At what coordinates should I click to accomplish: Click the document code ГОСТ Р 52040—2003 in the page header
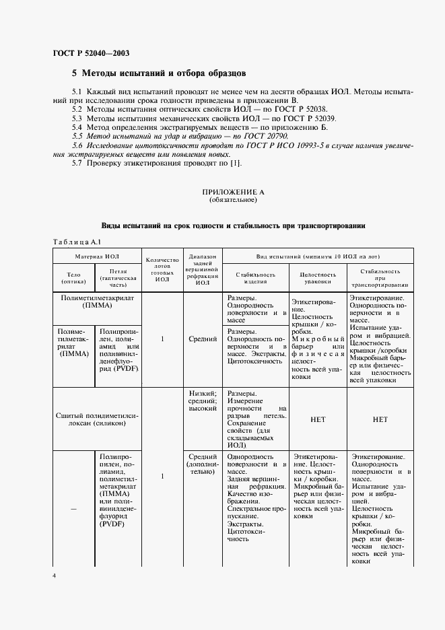(x=91, y=53)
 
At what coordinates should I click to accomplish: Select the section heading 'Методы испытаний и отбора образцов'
(x=165, y=72)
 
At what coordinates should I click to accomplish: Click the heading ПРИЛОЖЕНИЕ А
(x=233, y=193)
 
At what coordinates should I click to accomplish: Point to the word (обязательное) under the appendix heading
(x=233, y=200)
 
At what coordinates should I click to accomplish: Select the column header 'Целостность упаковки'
(x=317, y=278)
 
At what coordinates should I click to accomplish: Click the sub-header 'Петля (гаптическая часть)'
(x=118, y=278)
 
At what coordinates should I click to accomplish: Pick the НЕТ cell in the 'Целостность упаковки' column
(x=317, y=419)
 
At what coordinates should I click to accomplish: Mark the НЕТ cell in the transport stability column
(x=380, y=419)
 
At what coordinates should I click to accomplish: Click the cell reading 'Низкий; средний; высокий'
(x=203, y=400)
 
